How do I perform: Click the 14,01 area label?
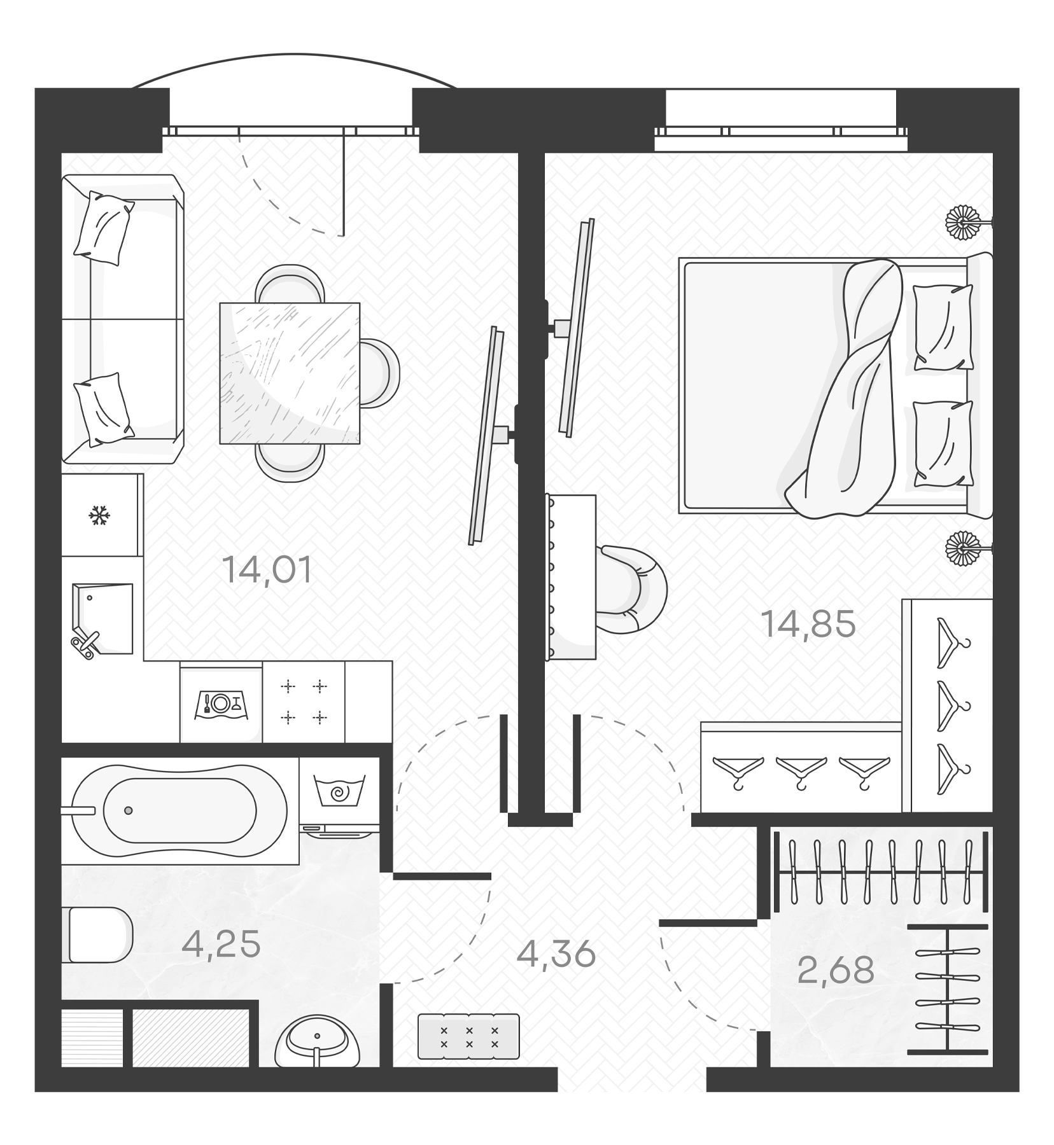point(267,570)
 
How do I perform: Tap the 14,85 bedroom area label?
point(808,624)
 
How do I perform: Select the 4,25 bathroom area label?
point(221,944)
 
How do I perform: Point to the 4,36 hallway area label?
point(556,954)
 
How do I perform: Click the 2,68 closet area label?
point(836,970)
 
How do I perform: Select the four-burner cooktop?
point(304,702)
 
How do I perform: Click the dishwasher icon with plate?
point(221,703)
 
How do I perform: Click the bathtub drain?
point(129,810)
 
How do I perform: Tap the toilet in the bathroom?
point(99,934)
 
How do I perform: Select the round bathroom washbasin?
point(316,1041)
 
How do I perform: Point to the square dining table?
point(290,373)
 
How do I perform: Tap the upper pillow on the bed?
point(943,327)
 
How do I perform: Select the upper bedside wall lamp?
point(964,223)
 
